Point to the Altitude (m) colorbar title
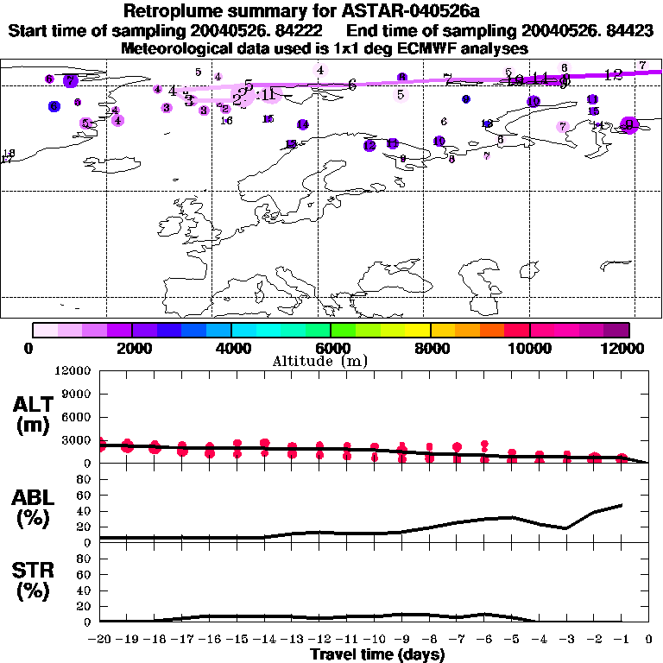[331, 361]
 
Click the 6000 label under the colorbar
[331, 348]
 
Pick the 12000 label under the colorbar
[628, 348]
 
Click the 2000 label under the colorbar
[132, 348]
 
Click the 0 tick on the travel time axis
[648, 640]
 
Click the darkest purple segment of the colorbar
[616, 329]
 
